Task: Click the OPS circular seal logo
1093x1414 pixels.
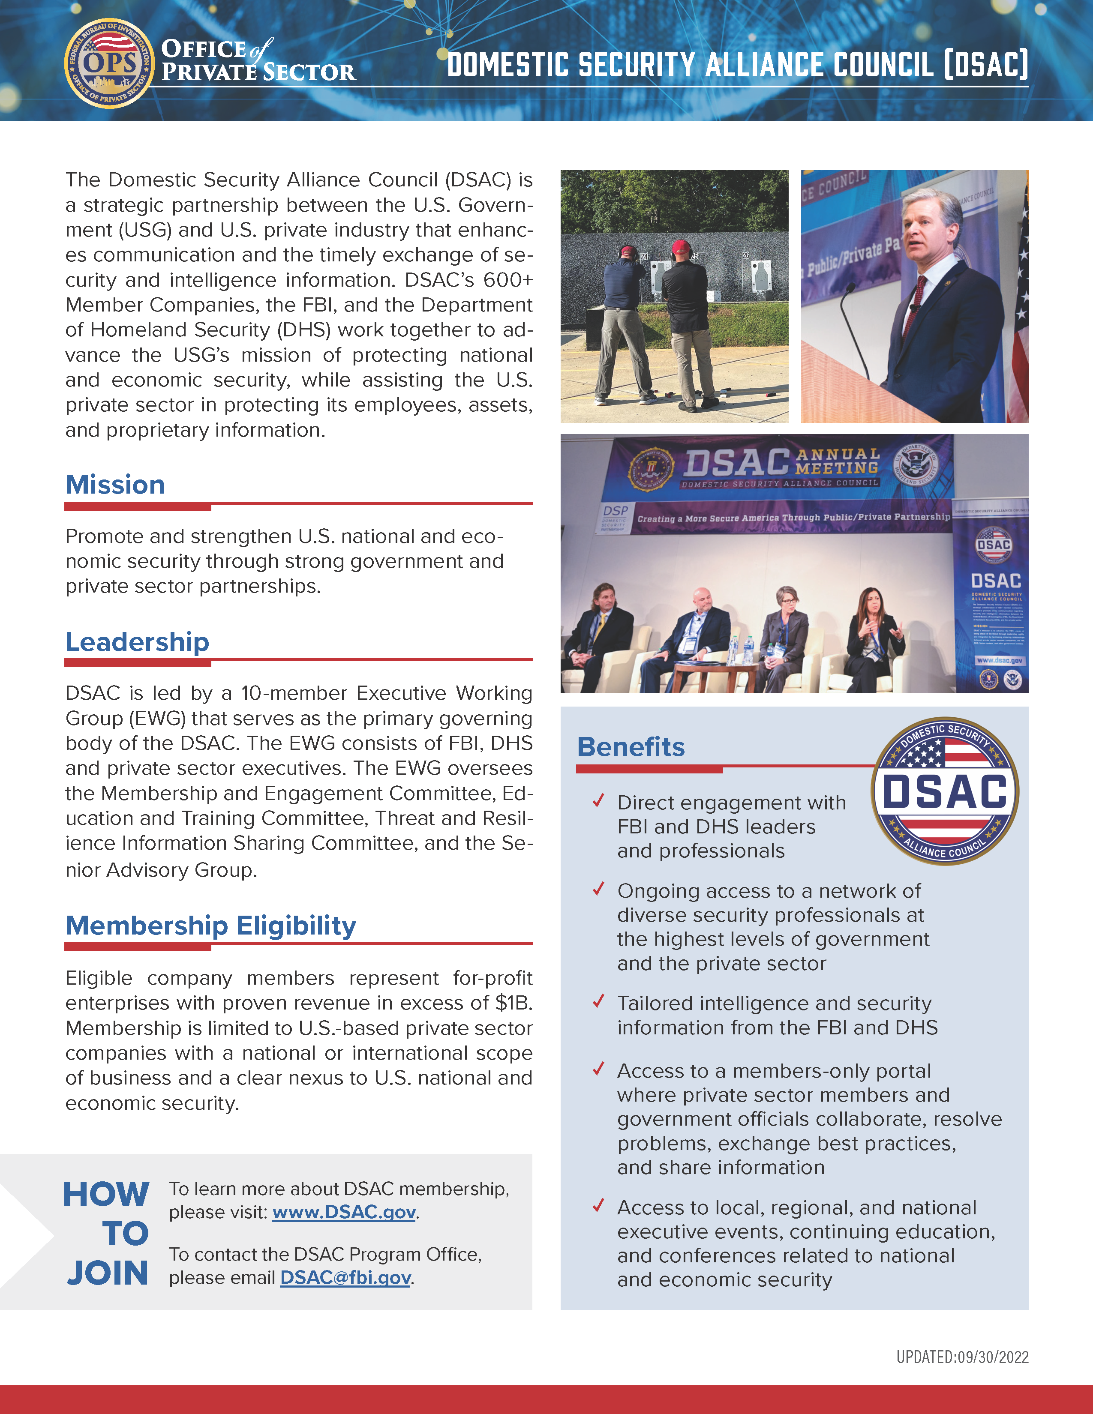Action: [109, 63]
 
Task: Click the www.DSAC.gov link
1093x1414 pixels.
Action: [344, 1212]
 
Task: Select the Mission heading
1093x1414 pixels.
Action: [115, 485]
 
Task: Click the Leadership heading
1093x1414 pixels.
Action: [137, 642]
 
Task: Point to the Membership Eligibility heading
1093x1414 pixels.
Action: [210, 926]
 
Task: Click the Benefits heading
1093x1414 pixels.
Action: [631, 747]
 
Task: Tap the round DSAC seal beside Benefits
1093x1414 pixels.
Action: [945, 791]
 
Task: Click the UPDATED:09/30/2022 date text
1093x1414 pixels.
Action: [962, 1357]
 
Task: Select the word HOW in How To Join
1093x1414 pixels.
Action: [106, 1195]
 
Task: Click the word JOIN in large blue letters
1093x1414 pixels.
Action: [108, 1273]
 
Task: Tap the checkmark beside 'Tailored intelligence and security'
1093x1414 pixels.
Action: [598, 1002]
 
